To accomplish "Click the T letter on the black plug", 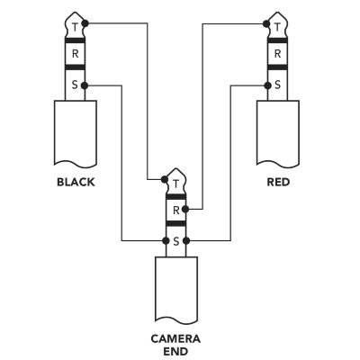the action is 75,28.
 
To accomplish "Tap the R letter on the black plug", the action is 75,54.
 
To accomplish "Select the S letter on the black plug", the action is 75,85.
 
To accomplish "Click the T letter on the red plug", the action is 277,28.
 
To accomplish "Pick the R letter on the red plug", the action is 278,54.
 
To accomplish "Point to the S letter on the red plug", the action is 277,85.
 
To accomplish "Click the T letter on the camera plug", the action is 176,184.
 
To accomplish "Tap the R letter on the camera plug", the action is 176,211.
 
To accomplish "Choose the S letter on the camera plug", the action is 176,241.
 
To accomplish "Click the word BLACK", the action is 76,182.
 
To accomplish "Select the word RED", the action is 278,182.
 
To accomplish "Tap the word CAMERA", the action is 175,339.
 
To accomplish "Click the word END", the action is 175,351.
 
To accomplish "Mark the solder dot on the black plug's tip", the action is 85,23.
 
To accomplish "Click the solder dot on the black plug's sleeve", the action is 85,85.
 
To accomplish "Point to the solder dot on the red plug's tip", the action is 266,23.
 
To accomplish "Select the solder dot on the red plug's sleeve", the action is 267,85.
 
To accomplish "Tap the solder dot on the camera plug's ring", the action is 185,209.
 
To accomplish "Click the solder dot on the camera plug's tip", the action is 165,179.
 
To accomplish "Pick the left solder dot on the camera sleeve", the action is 166,240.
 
